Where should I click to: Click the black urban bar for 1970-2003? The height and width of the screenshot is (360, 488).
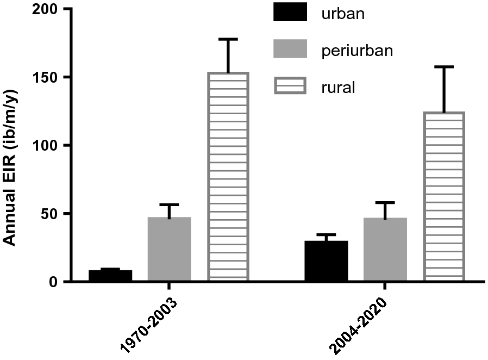pyautogui.click(x=110, y=275)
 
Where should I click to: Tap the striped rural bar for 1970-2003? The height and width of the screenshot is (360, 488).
pyautogui.click(x=228, y=177)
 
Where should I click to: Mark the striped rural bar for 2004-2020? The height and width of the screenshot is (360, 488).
pyautogui.click(x=443, y=196)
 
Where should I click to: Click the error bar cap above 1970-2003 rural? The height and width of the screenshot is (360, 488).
pyautogui.click(x=228, y=39)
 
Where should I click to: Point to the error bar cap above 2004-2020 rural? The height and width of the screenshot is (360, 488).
pyautogui.click(x=443, y=67)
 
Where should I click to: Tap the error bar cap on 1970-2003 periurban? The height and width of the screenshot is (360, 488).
pyautogui.click(x=169, y=204)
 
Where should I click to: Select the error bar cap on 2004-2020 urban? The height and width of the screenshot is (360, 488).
pyautogui.click(x=326, y=234)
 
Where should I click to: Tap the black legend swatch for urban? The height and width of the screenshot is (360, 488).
pyautogui.click(x=290, y=13)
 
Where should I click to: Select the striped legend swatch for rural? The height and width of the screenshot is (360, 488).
pyautogui.click(x=290, y=87)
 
